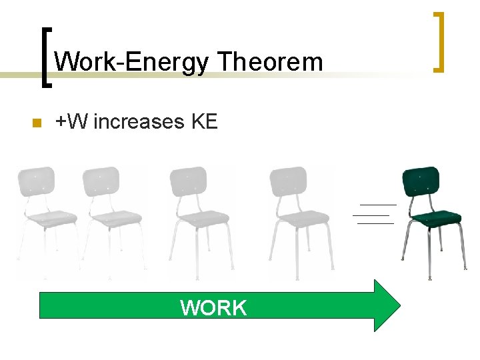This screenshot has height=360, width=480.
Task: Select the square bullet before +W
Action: click(x=37, y=123)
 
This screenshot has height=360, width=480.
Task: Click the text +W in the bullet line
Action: click(x=73, y=122)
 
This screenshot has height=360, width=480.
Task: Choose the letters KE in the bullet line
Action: click(x=204, y=122)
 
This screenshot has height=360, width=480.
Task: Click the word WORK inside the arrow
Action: click(x=213, y=308)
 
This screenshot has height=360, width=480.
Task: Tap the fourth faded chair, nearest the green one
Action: click(x=299, y=213)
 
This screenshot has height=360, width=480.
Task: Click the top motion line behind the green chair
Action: click(x=378, y=204)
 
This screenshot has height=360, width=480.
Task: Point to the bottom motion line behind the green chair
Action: click(x=375, y=223)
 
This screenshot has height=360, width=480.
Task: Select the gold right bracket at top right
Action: click(x=437, y=41)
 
